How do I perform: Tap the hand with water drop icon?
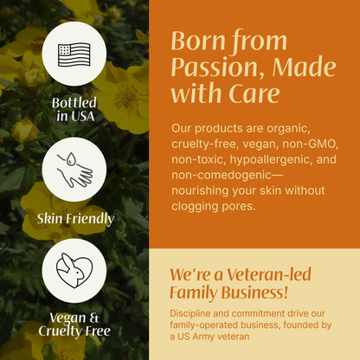(74, 168)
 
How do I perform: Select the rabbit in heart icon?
(74, 270)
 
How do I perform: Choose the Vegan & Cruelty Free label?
(74, 323)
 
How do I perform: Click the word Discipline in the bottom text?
(196, 312)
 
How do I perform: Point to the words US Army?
(199, 337)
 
